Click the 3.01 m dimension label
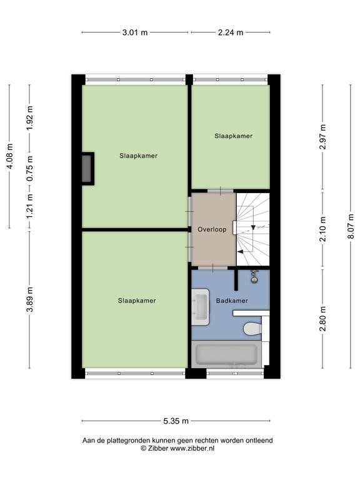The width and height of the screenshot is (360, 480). [x=135, y=32]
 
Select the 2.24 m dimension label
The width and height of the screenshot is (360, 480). [x=231, y=32]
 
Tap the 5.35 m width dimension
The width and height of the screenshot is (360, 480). [x=176, y=421]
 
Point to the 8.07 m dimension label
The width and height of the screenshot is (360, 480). [x=351, y=226]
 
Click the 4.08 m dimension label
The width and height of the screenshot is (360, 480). [x=10, y=156]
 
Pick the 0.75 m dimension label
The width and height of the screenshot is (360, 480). [x=29, y=169]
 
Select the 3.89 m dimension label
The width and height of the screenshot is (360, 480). [x=29, y=299]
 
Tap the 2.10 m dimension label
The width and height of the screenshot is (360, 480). [x=322, y=229]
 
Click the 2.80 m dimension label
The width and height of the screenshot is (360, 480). [x=322, y=319]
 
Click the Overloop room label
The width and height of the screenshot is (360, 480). [x=212, y=229]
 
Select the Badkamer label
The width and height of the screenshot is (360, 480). [x=232, y=301]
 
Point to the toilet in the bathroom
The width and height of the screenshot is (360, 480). [x=252, y=329]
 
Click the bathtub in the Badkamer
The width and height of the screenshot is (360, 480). [x=226, y=354]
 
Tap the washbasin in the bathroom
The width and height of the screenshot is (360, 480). [x=201, y=307]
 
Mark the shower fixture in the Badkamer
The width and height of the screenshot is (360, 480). [x=254, y=276]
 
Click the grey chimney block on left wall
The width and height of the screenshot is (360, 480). [x=87, y=169]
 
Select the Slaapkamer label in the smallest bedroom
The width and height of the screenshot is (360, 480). [x=233, y=136]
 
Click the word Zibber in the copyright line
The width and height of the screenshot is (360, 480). [x=158, y=448]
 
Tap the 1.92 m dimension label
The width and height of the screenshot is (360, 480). [x=29, y=118]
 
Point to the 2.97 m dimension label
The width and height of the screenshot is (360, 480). [x=322, y=136]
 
